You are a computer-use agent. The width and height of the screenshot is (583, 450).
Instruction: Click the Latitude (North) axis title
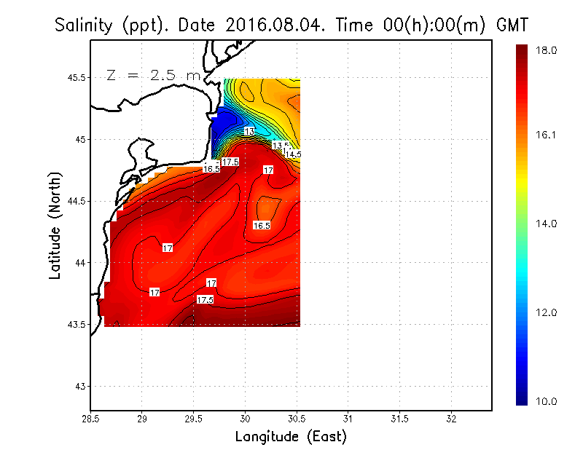coord(55,224)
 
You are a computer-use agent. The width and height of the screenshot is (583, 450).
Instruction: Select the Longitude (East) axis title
coord(291,437)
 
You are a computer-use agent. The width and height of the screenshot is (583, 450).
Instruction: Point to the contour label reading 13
coord(249,131)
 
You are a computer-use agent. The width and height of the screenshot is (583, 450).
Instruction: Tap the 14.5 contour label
coord(292,154)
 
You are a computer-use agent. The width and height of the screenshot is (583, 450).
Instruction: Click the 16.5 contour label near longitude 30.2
coord(262,226)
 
